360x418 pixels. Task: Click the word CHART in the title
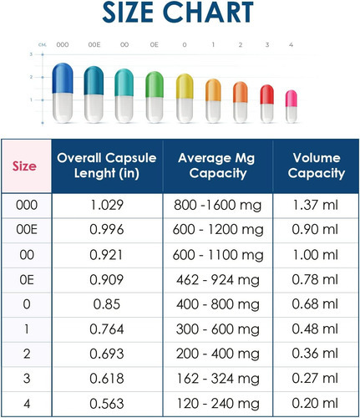pos(211,13)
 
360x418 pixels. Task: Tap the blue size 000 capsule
pos(63,93)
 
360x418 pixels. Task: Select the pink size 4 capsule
pos(292,106)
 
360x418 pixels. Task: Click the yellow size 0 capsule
pos(185,98)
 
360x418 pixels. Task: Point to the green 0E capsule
pos(155,97)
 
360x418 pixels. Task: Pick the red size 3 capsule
pos(266,104)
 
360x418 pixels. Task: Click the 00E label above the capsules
pos(94,44)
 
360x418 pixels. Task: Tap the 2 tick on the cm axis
pos(31,77)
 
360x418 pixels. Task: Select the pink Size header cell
pos(27,166)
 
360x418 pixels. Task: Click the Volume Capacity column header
pos(317,166)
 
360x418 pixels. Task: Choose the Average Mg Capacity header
pos(217,166)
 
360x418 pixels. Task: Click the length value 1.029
pos(107,205)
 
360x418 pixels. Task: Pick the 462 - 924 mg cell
pos(218,280)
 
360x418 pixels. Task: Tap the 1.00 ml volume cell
pos(315,255)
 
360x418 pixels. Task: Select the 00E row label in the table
pos(27,230)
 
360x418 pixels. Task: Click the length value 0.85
pos(107,304)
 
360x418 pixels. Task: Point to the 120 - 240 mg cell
pos(218,404)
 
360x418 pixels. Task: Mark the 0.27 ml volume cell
pos(315,379)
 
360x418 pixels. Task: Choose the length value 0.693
pos(107,354)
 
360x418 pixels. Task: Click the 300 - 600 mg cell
pos(218,329)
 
